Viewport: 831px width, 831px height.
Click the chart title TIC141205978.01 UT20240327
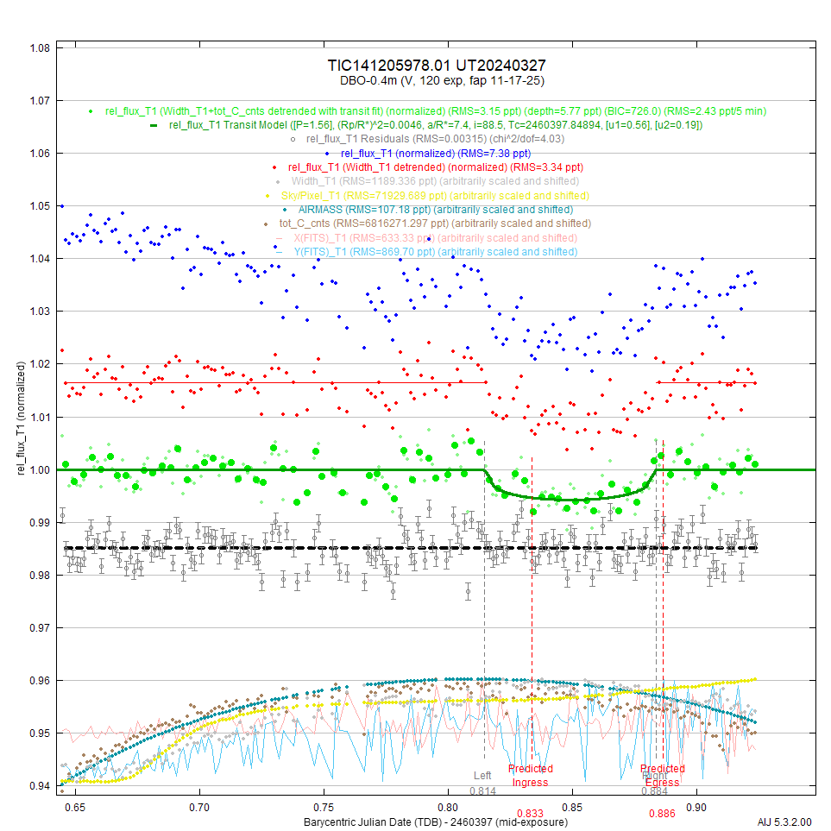point(436,66)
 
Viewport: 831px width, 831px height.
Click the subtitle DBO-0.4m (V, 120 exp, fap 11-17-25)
point(436,80)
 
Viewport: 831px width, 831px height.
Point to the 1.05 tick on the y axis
point(40,206)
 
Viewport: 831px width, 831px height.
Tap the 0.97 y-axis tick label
point(40,628)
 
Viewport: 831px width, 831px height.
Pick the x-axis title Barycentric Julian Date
point(436,821)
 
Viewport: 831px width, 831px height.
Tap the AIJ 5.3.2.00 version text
point(785,821)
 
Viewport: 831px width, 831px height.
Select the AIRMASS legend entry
point(435,210)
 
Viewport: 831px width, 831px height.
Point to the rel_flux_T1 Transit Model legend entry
point(435,125)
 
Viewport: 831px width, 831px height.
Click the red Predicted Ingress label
point(531,776)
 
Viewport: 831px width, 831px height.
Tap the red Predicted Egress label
point(663,776)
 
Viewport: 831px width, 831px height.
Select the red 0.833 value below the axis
point(530,813)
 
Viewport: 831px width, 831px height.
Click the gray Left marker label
point(482,776)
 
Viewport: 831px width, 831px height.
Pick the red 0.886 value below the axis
point(662,813)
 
